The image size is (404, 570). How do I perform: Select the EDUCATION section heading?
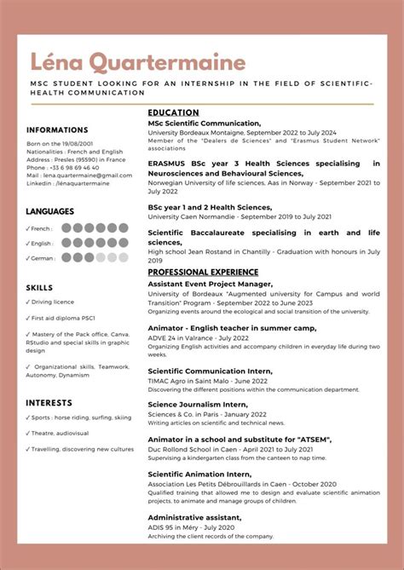tap(173, 112)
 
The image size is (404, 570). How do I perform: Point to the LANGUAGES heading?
tap(49, 211)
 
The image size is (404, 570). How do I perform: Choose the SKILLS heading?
tap(39, 288)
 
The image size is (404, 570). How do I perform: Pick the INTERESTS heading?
tap(48, 402)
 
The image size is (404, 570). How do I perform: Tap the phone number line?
tap(62, 168)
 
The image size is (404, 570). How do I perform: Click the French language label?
tap(41, 228)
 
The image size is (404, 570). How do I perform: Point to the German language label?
tap(43, 258)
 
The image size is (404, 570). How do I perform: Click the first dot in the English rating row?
tap(66, 243)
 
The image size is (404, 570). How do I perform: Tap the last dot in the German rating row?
tap(123, 257)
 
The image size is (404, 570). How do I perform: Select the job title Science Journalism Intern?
tap(198, 405)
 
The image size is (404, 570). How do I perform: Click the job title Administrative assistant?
tap(193, 517)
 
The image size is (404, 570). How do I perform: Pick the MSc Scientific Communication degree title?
tap(204, 124)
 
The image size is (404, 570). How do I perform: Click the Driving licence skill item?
tap(55, 302)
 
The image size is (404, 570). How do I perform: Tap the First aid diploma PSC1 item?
tap(62, 319)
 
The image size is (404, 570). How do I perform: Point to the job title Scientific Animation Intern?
tap(199, 474)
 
